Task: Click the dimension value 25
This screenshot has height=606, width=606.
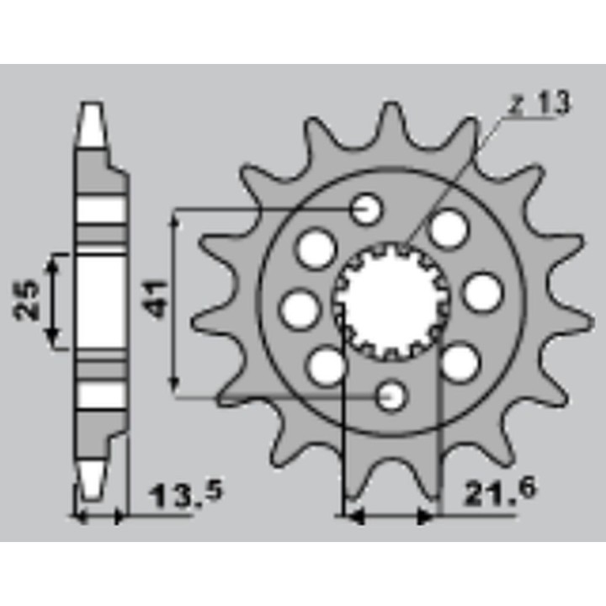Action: pyautogui.click(x=27, y=300)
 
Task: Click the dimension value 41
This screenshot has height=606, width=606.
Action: pyautogui.click(x=156, y=299)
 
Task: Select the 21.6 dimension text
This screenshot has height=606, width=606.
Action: pyautogui.click(x=500, y=492)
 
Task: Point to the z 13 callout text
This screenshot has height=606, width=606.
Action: pyautogui.click(x=540, y=104)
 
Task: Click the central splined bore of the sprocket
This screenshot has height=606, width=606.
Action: pyautogui.click(x=391, y=301)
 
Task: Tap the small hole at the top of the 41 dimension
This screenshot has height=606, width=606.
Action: pyautogui.click(x=366, y=209)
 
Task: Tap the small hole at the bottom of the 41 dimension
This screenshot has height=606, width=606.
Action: pyautogui.click(x=392, y=396)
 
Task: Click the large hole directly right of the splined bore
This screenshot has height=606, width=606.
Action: pyautogui.click(x=483, y=292)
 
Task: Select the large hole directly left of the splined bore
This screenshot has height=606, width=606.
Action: pyautogui.click(x=300, y=309)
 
